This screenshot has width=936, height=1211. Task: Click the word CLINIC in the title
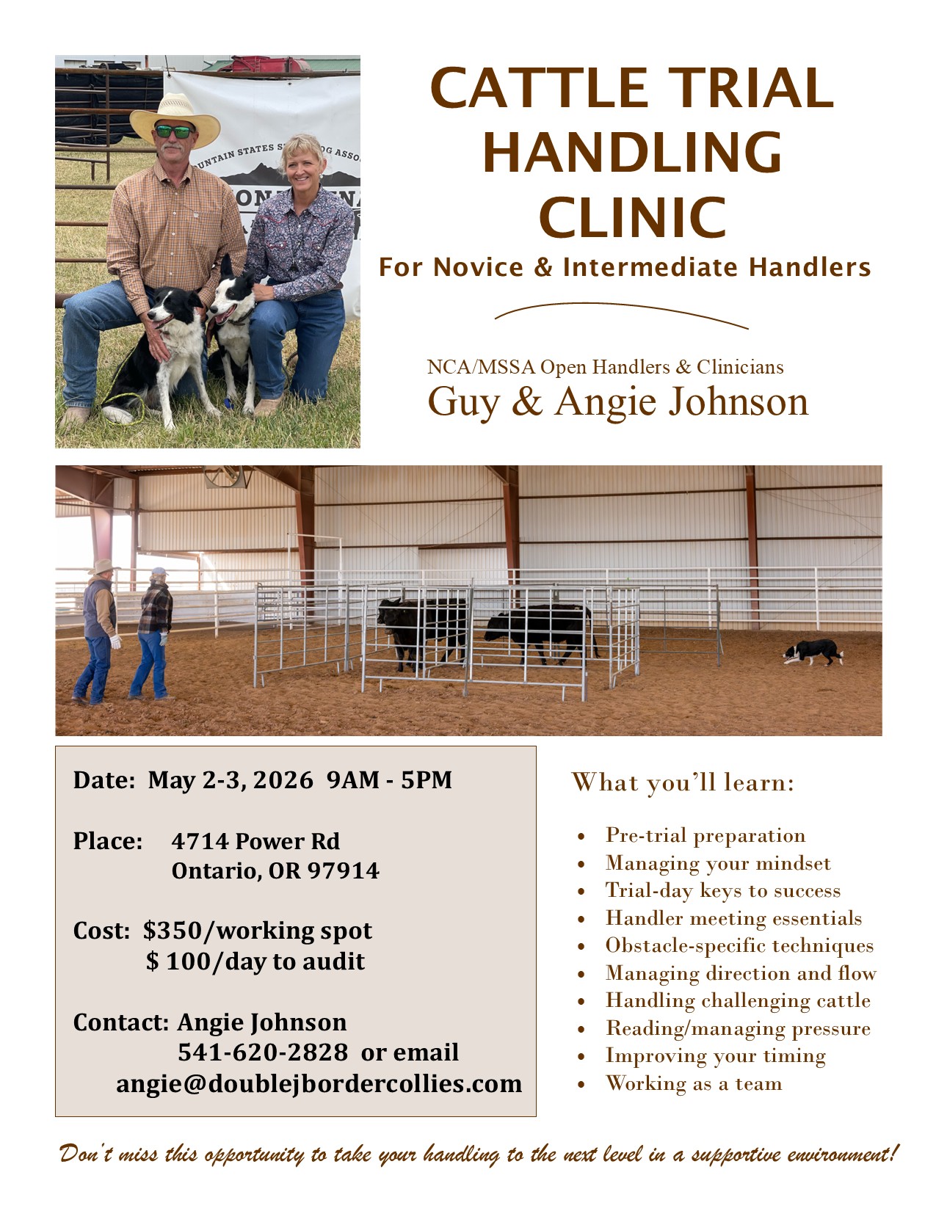(633, 217)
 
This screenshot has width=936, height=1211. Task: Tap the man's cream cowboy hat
(175, 120)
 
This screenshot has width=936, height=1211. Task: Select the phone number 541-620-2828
(263, 1052)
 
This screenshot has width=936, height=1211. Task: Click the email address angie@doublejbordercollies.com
(319, 1083)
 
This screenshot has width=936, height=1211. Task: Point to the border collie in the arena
(813, 652)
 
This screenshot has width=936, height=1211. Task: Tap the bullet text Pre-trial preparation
(705, 835)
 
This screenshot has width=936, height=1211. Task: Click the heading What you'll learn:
(682, 782)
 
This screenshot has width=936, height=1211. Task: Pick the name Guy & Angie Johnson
(617, 401)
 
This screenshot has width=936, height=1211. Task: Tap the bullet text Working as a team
(694, 1083)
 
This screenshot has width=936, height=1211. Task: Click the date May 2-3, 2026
(231, 779)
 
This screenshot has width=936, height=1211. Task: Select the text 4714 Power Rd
(255, 841)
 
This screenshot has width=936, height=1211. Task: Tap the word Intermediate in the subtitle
(650, 267)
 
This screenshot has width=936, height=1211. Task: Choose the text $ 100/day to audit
(255, 961)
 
